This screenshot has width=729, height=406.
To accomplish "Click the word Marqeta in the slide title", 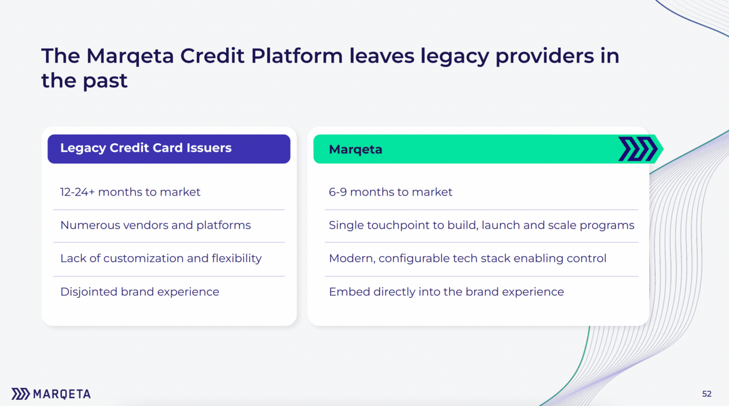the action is tap(130, 56).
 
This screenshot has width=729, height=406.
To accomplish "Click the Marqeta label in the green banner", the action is tap(355, 149).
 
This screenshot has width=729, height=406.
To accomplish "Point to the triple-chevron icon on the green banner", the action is tap(638, 149).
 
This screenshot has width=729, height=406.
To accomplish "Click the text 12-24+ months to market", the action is tap(130, 192).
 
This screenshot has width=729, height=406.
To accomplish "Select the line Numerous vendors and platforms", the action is tap(156, 225).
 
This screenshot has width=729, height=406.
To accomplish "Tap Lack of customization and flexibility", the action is tap(161, 258).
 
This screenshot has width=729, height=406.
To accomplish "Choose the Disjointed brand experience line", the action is tap(139, 292).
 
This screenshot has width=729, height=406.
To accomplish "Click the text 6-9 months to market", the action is tap(390, 192).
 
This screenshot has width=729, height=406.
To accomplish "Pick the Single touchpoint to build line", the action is tap(482, 225).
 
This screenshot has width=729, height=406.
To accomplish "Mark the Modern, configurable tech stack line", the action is tap(468, 258).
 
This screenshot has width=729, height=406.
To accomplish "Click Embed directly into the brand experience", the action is tap(446, 292).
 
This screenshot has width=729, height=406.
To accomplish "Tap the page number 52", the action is tap(706, 394).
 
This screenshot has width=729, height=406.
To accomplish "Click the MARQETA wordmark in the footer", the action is tap(62, 394).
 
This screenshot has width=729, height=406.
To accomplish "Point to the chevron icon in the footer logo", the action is tap(20, 394).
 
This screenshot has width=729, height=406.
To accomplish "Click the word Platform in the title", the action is tap(297, 56).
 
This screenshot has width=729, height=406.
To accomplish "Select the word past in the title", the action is tap(105, 81).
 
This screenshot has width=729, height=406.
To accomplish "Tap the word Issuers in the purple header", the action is tap(209, 148).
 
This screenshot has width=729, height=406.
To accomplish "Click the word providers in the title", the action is tap(544, 56).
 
